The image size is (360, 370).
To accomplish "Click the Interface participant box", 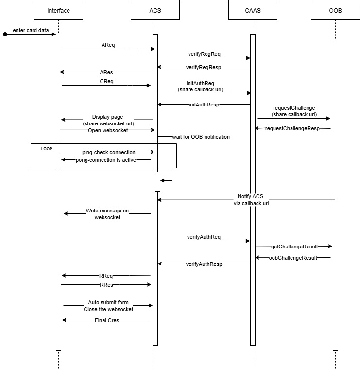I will coord(58,11).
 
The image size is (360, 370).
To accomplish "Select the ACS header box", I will coord(155,11).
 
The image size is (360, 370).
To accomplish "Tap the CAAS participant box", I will coord(252,11).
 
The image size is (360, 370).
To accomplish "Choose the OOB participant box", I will coord(335,11).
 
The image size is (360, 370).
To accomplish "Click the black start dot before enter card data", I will coord(5,35).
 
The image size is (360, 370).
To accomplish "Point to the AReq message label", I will coord(108,45).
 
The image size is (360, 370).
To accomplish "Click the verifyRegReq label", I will coord(204,54).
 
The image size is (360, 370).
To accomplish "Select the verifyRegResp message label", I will coord(204,67).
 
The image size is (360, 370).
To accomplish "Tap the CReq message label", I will coord(106,81).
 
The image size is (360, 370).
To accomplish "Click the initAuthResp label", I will coord(204,104).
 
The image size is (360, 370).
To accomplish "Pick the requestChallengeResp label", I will coord(292,128).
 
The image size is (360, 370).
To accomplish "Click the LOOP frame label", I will coord(47,148).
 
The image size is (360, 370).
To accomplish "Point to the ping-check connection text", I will coord(108,152).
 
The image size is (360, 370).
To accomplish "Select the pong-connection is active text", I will coord(106,160).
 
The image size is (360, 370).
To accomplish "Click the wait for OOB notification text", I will coord(201,137).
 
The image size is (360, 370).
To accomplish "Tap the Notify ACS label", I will coord(250,196).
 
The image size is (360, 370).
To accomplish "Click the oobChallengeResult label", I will coord(292,258).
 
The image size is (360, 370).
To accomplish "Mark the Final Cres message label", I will coord(106,320).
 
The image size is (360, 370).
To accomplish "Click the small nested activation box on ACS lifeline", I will coord(157,181).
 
